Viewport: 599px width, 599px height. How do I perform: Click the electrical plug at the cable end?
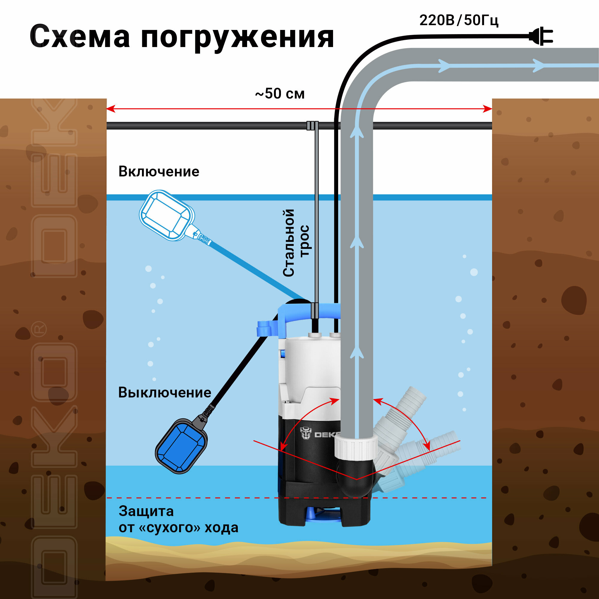pyautogui.click(x=541, y=37)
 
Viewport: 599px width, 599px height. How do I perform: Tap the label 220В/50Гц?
pyautogui.click(x=459, y=20)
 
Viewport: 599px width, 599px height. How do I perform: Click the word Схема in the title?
pyautogui.click(x=80, y=37)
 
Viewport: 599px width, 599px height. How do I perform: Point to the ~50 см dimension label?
pyautogui.click(x=280, y=94)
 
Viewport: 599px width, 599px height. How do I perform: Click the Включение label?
pyautogui.click(x=159, y=171)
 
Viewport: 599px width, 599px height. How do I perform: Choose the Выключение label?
pyautogui.click(x=165, y=393)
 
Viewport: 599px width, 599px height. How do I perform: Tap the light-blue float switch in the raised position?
pyautogui.click(x=167, y=215)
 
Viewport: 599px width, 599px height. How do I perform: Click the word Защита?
pyautogui.click(x=146, y=511)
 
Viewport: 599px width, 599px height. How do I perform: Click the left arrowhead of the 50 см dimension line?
pyautogui.click(x=110, y=109)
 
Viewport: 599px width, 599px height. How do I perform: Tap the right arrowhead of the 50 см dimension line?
pyautogui.click(x=488, y=109)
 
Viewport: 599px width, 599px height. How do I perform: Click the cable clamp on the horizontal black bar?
pyautogui.click(x=312, y=125)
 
